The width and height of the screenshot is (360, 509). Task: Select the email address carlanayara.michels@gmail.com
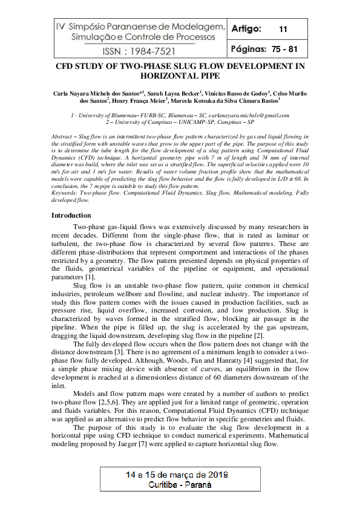point(247,115)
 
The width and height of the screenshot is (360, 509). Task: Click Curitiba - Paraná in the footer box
point(180,485)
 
